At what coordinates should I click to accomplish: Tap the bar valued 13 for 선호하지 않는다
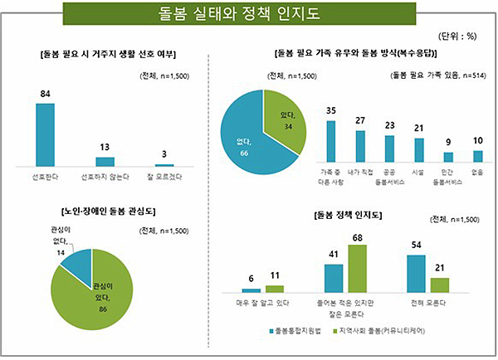click(105, 162)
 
